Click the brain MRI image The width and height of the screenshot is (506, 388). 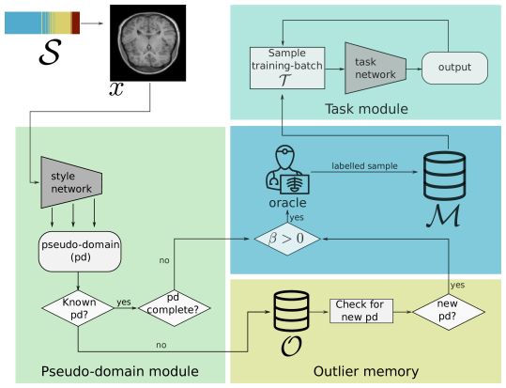coord(147,43)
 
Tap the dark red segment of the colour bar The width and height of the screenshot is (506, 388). coord(75,23)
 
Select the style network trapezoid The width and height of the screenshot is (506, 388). coord(71,182)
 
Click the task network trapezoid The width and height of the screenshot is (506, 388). coord(376,69)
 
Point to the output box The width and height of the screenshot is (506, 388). coord(454,68)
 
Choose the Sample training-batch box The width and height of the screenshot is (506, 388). coord(287,68)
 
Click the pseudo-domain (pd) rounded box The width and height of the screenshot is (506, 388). coord(80,252)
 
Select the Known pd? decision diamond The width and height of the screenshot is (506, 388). coord(78,308)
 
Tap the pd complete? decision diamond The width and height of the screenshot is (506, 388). coord(175,308)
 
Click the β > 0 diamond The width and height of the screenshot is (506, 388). coord(287,239)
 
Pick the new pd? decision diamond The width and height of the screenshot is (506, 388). coord(449,312)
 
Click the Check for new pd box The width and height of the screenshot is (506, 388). coord(361,311)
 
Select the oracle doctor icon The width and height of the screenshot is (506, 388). coord(287,170)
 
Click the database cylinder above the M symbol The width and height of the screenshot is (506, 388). coord(444,176)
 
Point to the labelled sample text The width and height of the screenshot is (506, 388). coord(364,166)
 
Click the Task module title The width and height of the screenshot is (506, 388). coord(366,109)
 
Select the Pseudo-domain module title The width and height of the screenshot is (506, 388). coord(120,371)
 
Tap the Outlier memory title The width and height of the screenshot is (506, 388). coord(366,371)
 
